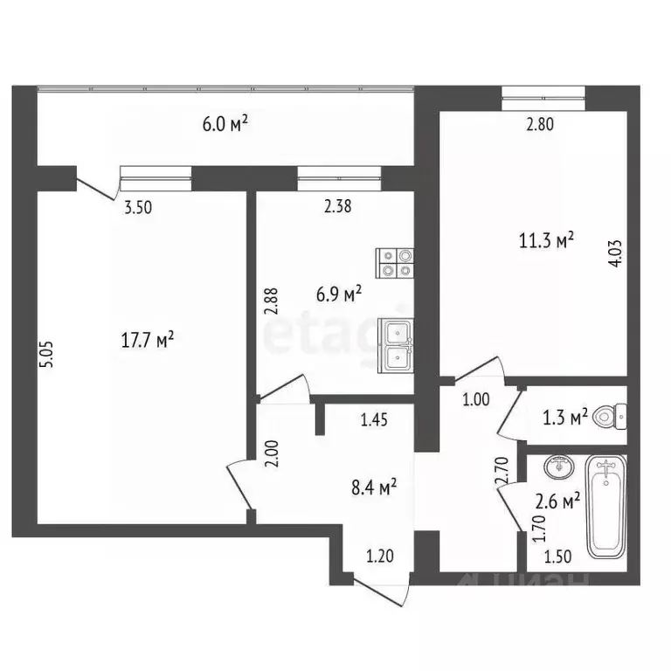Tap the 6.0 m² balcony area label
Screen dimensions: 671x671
225,124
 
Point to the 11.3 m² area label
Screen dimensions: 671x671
547,239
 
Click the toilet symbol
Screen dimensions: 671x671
610,416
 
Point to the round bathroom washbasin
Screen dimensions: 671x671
556,469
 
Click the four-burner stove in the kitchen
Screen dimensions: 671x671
394,263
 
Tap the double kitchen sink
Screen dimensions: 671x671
396,347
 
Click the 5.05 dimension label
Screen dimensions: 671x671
45,356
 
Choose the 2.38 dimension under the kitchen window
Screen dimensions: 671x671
338,207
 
